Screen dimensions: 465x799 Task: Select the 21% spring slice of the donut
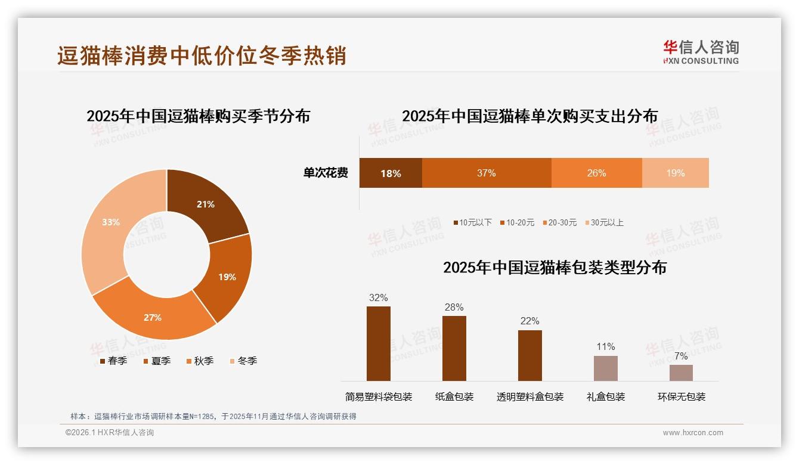click(x=206, y=203)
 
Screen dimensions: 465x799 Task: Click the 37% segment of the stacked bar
click(x=486, y=173)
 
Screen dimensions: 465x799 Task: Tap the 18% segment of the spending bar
click(x=391, y=173)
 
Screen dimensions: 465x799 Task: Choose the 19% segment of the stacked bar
click(x=675, y=173)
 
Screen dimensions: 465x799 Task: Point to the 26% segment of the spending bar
click(x=596, y=173)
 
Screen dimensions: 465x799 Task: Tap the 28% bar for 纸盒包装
click(x=454, y=348)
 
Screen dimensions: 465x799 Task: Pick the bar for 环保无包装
click(x=681, y=373)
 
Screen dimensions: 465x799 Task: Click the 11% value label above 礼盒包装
click(x=605, y=346)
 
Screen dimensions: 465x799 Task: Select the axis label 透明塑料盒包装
click(x=530, y=396)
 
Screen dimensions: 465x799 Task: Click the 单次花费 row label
click(x=326, y=173)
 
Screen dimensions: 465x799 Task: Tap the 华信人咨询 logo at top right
click(x=701, y=52)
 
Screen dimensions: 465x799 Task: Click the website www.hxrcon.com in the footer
click(x=693, y=433)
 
